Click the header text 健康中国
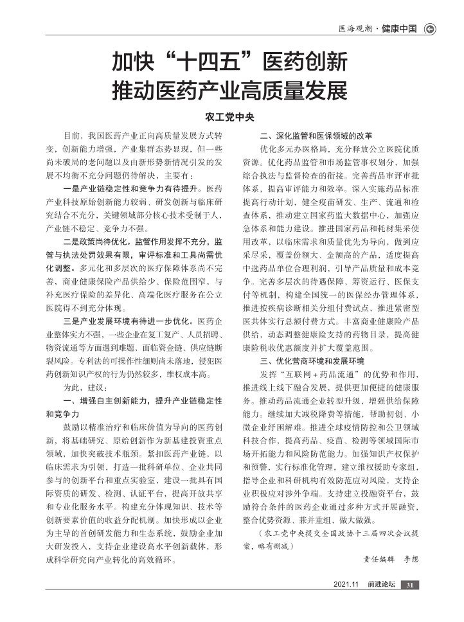(398, 28)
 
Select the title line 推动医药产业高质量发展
(229, 89)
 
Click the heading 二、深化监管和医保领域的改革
(316, 136)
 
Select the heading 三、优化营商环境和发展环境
(312, 360)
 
